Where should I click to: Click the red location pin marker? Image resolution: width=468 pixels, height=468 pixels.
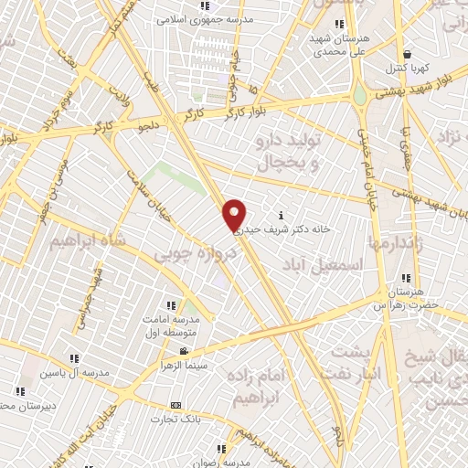[235, 215]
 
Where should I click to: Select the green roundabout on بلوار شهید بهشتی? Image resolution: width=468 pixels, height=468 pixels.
[360, 94]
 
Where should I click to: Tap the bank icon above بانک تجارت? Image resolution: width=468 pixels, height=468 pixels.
[176, 406]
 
